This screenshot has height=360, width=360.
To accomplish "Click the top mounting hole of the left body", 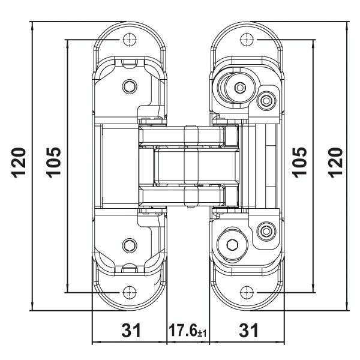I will pyautogui.click(x=128, y=40).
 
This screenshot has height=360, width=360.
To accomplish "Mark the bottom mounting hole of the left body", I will pyautogui.click(x=128, y=292).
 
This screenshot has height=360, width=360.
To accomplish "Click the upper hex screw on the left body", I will pyautogui.click(x=128, y=87).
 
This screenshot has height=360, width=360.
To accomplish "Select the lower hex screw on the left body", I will pyautogui.click(x=128, y=244).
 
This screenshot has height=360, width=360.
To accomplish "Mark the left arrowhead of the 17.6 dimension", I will pyautogui.click(x=168, y=343).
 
